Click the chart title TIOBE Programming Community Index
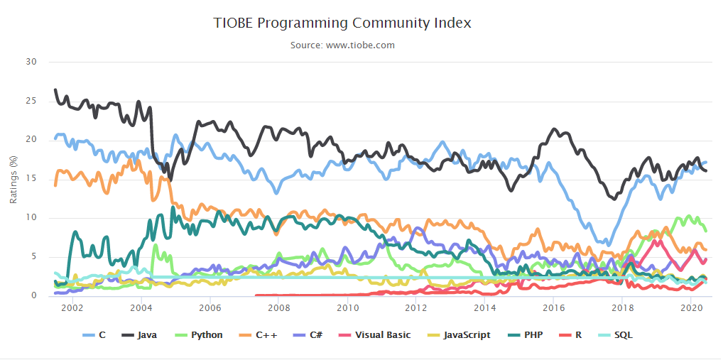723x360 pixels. [x=342, y=23]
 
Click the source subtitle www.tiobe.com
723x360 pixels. [x=342, y=45]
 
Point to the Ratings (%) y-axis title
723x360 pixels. [x=13, y=178]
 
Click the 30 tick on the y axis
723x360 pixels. [x=31, y=62]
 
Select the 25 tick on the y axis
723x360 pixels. [x=31, y=101]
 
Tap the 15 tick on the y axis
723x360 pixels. [x=31, y=179]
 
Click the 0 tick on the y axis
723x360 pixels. [x=34, y=296]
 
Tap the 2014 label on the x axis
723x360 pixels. [x=485, y=307]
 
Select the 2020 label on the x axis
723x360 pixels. [x=691, y=307]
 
